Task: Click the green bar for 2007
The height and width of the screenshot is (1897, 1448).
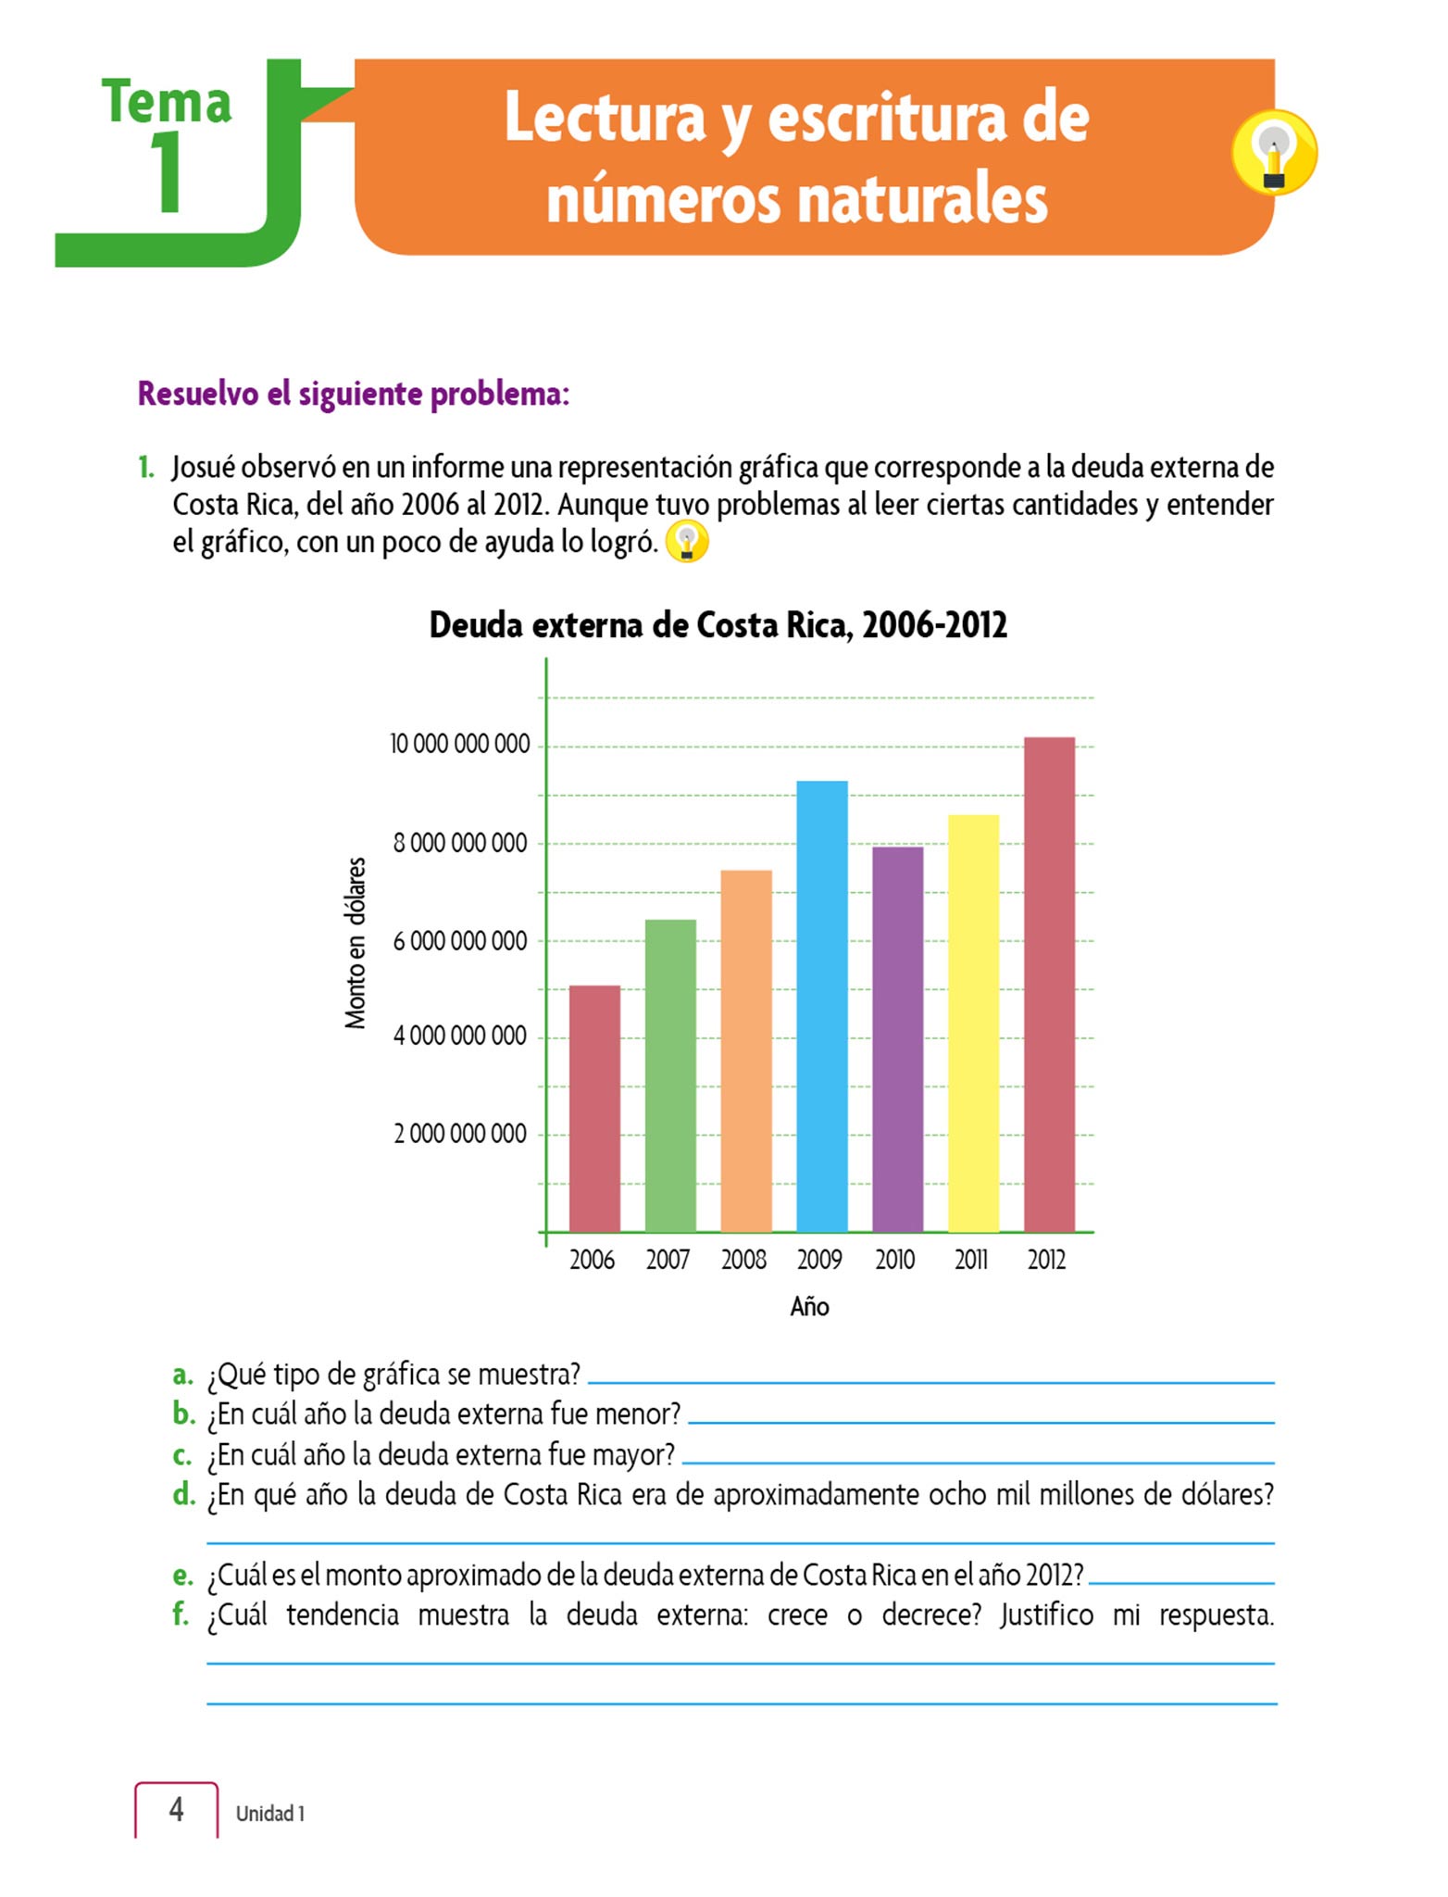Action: point(670,1075)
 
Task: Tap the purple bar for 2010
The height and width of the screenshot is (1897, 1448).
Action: point(897,1039)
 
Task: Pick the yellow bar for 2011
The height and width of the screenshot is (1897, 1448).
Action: point(973,1023)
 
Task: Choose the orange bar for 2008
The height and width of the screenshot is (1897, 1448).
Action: point(745,1050)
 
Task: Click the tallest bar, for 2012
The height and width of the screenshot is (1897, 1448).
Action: point(1049,984)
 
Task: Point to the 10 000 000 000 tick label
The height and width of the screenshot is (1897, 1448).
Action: point(459,744)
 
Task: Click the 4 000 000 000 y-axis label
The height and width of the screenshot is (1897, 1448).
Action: point(460,1036)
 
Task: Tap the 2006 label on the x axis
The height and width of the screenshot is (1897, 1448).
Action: point(593,1260)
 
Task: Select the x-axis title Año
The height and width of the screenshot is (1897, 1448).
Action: point(809,1307)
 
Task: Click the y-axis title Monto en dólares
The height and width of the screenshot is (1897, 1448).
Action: point(356,943)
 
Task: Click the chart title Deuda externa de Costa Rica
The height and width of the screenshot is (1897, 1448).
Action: point(718,625)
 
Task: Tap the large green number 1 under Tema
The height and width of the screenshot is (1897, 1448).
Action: point(167,171)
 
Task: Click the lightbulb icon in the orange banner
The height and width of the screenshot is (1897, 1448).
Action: point(1274,153)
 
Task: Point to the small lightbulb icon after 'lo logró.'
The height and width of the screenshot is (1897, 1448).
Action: point(687,541)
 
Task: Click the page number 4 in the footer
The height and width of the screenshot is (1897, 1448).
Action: point(176,1809)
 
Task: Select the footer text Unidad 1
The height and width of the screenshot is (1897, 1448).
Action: point(269,1813)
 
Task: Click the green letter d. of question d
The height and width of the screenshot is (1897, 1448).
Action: point(184,1494)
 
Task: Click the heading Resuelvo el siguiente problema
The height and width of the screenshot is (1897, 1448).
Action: point(353,394)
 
